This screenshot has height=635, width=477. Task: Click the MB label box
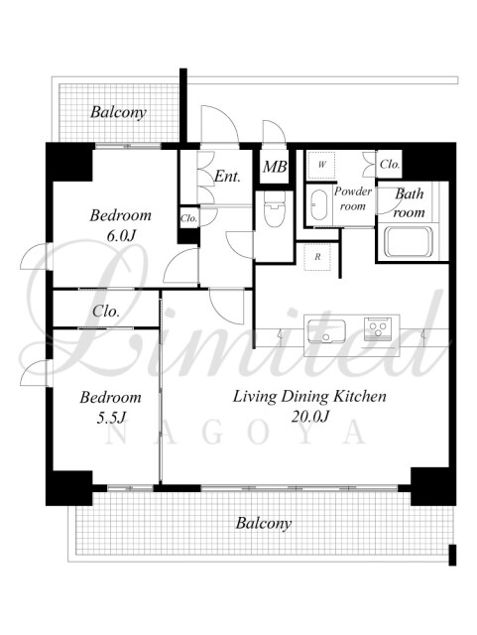(275, 167)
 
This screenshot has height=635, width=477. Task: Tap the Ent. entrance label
(227, 177)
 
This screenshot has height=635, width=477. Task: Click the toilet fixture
(275, 207)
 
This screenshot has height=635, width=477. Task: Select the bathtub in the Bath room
(409, 242)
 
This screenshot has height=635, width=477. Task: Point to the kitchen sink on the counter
(326, 331)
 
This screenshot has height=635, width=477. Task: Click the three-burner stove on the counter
(378, 328)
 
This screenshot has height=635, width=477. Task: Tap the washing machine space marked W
(321, 165)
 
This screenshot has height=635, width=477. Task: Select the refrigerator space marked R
(317, 257)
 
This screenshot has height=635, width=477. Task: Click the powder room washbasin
(318, 205)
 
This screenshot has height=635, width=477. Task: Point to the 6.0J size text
(120, 236)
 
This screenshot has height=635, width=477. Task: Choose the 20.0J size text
(309, 416)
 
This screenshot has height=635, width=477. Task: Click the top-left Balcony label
(118, 112)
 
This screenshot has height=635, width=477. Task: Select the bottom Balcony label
(264, 523)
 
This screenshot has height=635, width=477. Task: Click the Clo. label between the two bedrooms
(106, 312)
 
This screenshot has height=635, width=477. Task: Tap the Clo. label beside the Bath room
(390, 165)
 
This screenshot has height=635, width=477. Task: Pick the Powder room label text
(353, 198)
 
